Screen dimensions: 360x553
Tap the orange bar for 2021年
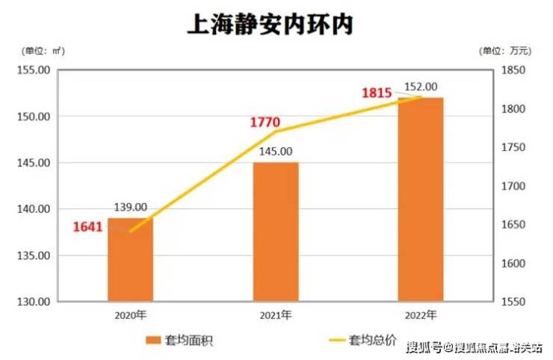[x=276, y=232]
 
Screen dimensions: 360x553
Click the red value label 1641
[x=88, y=228]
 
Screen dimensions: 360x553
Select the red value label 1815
[x=377, y=93]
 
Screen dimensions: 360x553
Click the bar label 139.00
[x=130, y=208]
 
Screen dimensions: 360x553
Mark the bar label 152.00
[x=420, y=87]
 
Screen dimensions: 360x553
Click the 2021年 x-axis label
[x=276, y=314]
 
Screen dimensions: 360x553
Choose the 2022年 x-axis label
[x=421, y=314]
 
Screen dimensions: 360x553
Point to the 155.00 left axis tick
[x=33, y=70]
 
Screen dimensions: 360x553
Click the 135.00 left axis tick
[x=33, y=255]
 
